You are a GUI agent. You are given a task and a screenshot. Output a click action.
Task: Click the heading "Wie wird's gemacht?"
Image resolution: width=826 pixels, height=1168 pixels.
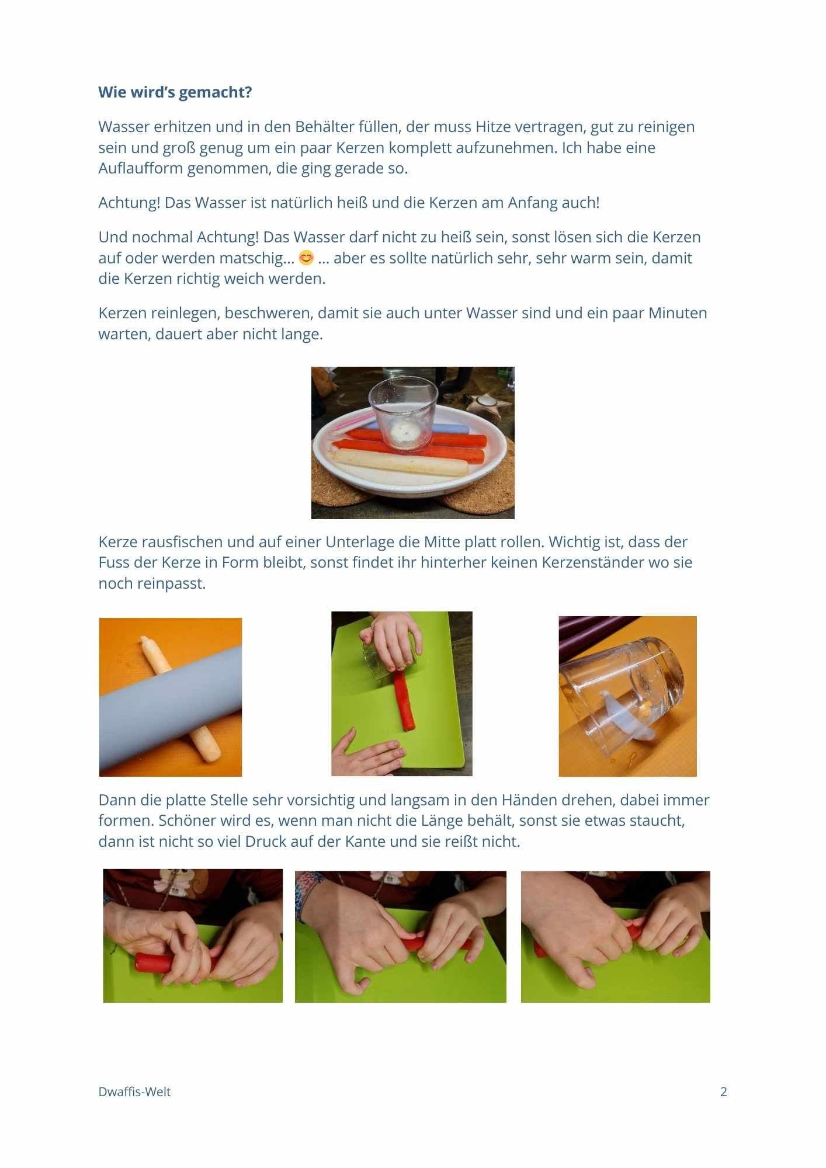click(x=175, y=92)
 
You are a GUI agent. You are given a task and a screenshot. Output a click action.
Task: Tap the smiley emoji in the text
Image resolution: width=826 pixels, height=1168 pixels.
click(x=306, y=258)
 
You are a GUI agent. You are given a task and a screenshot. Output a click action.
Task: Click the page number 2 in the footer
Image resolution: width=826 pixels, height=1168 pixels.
click(x=724, y=1091)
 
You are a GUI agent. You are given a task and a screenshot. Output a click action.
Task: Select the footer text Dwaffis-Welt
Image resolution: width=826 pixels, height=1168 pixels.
click(x=134, y=1091)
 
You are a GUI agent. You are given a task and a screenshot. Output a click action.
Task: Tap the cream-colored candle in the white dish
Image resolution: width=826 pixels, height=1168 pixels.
click(x=400, y=461)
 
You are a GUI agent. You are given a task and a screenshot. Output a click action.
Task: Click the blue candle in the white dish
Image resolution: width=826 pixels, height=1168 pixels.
click(x=450, y=429)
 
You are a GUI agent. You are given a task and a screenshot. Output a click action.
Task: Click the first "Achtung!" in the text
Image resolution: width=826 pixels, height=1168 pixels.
click(x=129, y=203)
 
